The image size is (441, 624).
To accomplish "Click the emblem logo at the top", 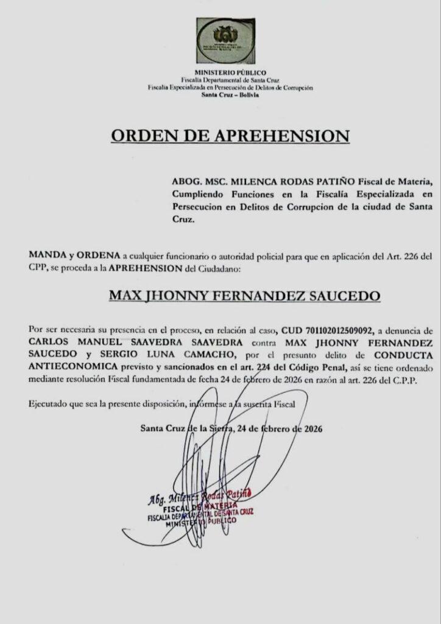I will (x=225, y=40).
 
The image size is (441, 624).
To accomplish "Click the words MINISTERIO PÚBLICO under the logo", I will (x=225, y=73).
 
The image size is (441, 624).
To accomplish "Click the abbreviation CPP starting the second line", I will (x=38, y=268).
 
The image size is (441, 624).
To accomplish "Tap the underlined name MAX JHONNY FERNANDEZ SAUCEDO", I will (x=244, y=296).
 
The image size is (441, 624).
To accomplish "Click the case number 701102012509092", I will (x=333, y=330).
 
